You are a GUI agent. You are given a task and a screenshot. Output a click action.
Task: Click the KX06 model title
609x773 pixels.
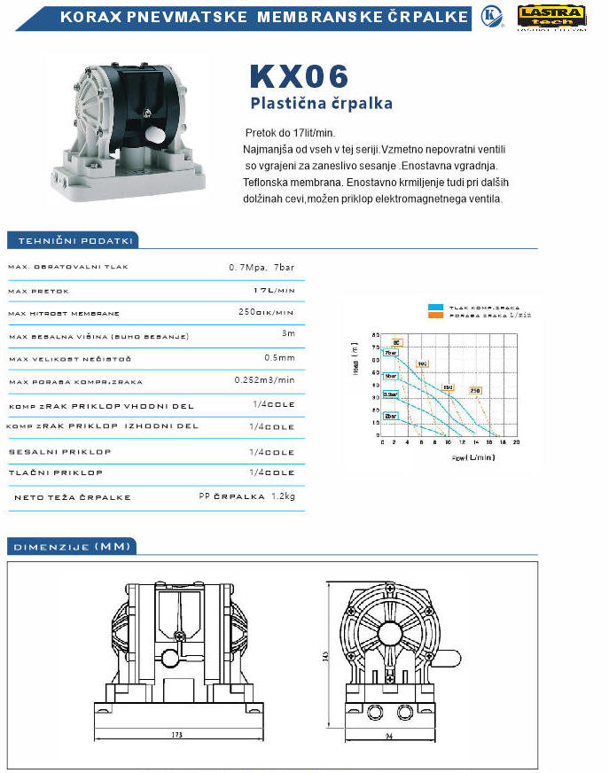point(300,75)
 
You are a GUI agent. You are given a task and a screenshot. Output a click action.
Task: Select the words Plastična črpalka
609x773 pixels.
point(321,104)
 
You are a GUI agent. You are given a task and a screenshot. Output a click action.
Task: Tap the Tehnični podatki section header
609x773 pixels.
point(70,240)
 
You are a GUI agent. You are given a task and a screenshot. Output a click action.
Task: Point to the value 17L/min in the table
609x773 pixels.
point(274,290)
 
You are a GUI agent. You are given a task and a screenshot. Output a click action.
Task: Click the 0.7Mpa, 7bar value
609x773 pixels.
point(262,267)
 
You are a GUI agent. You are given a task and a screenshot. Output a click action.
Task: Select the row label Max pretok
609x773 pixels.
point(39,291)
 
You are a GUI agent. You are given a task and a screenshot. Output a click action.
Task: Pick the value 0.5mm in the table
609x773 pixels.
point(279,357)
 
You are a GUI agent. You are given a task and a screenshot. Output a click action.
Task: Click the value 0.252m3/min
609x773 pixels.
point(264,380)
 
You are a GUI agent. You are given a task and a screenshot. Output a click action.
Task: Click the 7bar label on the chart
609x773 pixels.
point(390,353)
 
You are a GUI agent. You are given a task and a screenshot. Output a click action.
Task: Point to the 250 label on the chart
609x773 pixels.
point(475,391)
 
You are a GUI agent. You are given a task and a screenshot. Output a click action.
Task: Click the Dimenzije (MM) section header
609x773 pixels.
point(70,546)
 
